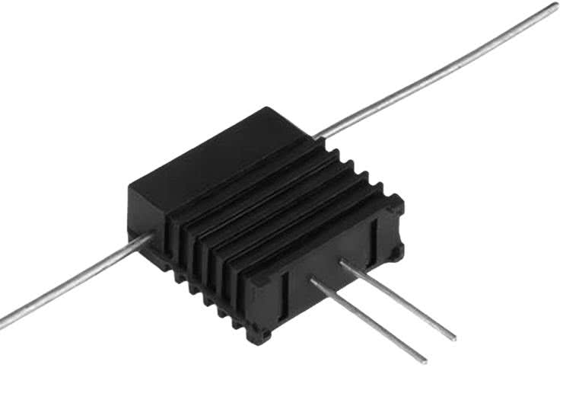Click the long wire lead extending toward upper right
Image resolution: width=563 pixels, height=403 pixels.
(441, 73)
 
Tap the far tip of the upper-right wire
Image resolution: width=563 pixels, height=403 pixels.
(555, 6)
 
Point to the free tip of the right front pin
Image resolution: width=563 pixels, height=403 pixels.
(453, 337)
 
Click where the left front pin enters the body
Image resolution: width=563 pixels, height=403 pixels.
(312, 281)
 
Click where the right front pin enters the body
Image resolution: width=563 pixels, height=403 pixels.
(342, 263)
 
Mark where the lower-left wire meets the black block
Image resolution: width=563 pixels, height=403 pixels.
(152, 238)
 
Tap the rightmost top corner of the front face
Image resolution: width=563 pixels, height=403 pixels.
(400, 200)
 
